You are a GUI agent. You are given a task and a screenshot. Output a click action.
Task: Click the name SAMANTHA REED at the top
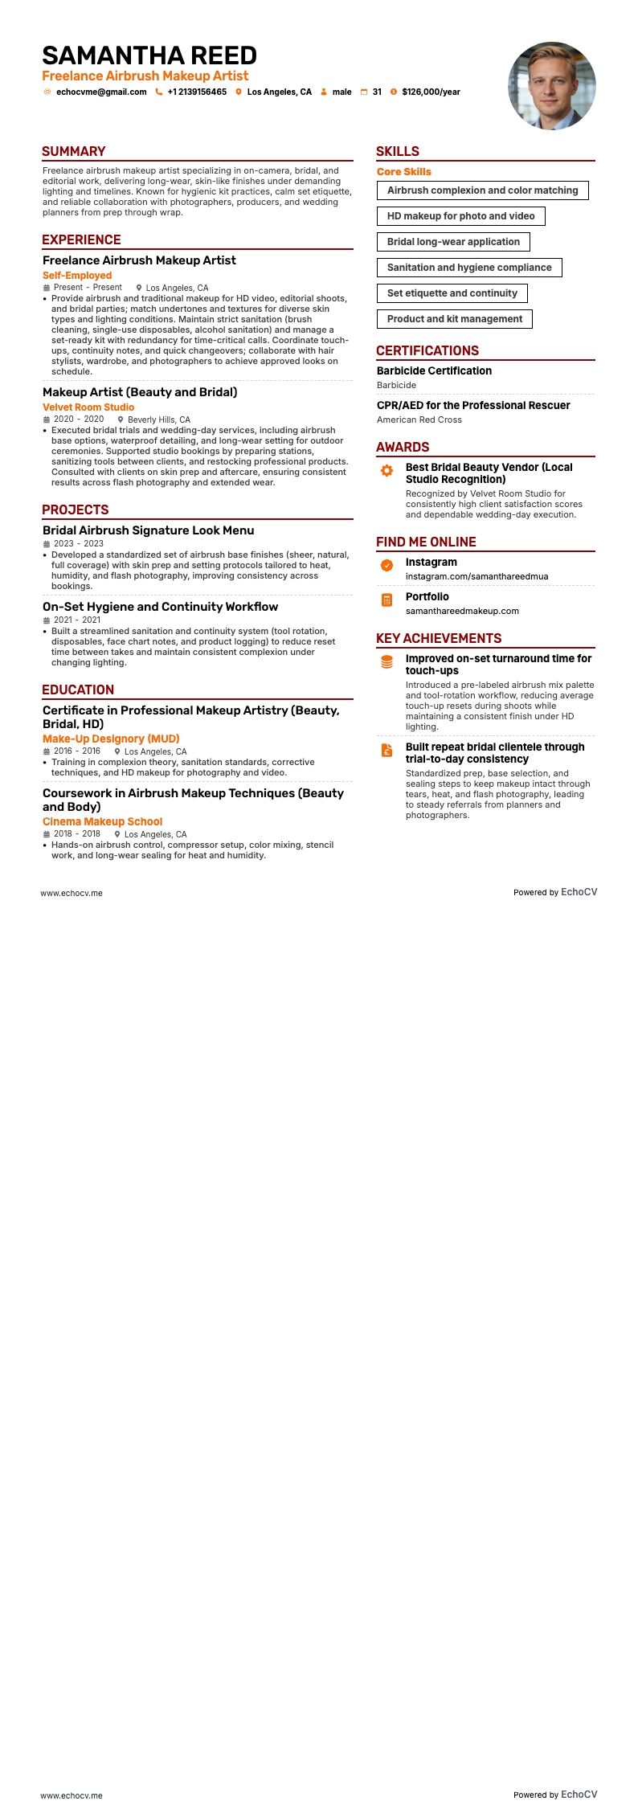coord(149,55)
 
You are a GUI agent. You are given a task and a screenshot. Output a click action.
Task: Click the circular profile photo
coord(552,86)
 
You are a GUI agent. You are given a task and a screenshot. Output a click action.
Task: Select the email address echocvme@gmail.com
coord(101,92)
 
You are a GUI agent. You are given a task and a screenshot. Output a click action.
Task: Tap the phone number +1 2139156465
coord(197,92)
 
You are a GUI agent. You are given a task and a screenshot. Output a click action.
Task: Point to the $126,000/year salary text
coord(431,92)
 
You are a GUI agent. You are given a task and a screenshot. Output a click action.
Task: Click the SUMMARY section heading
coord(74,152)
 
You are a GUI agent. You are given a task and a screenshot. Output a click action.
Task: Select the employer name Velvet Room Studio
coord(88,407)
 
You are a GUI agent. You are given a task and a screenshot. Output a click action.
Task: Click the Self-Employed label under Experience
coord(77,276)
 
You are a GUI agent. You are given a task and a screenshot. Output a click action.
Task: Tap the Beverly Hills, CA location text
coord(159,420)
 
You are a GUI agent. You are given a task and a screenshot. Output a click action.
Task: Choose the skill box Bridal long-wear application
coord(453,242)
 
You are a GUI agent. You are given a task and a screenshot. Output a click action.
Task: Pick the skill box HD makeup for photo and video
coord(460,216)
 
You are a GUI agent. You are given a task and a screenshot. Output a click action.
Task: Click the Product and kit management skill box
coord(454,319)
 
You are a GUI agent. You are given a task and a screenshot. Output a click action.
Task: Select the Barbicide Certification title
coord(434,371)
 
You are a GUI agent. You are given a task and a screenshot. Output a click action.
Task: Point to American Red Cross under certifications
coord(419,420)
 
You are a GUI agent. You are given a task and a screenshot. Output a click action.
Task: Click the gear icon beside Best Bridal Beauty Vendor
coord(386,470)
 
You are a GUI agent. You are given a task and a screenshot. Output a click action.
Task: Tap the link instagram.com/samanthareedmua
coord(476,576)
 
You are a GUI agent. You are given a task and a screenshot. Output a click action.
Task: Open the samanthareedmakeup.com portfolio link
coord(462,611)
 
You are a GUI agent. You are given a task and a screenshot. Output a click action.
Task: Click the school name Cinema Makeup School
coord(102,822)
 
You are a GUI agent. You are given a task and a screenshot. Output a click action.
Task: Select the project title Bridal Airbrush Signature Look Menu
coord(149,530)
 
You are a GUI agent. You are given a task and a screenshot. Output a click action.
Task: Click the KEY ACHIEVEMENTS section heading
coord(439,639)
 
